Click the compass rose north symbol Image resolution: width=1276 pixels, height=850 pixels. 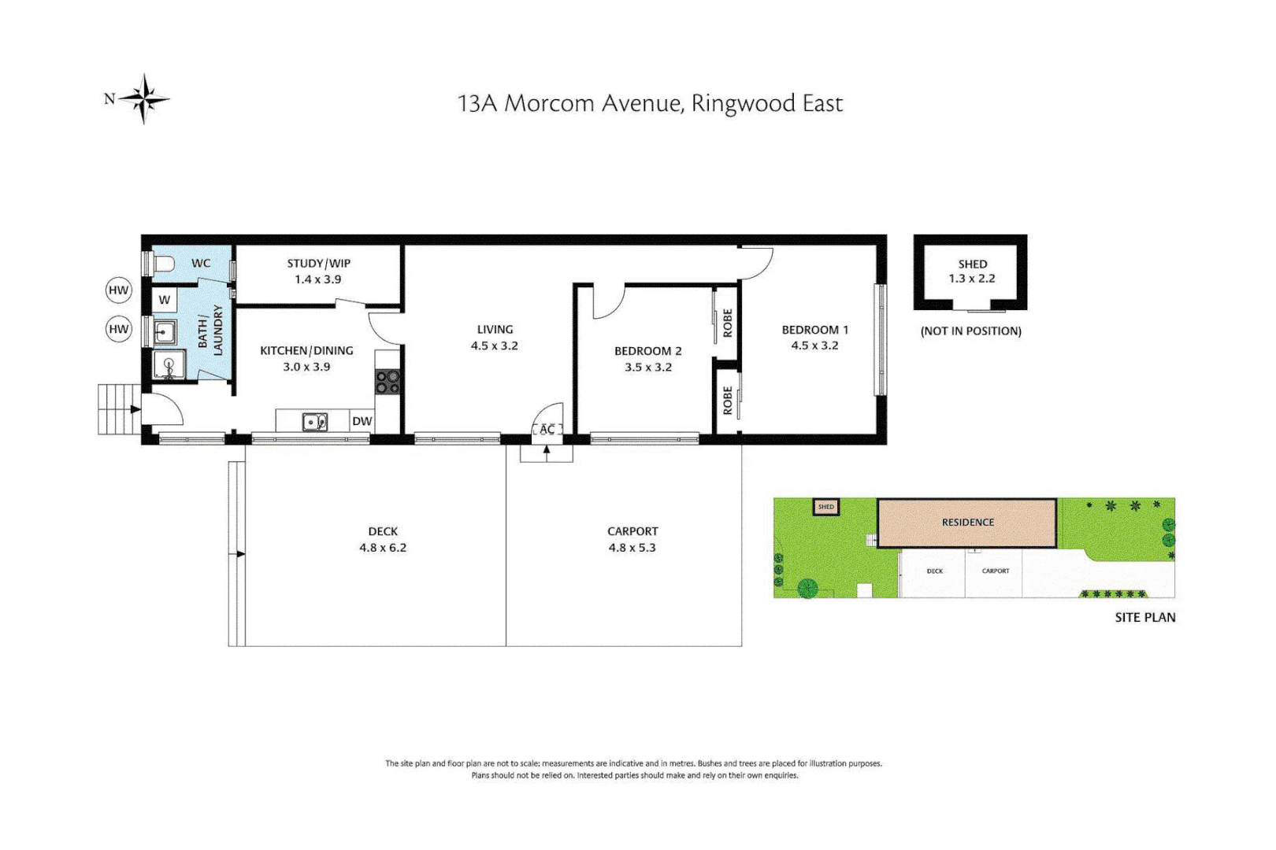point(144,99)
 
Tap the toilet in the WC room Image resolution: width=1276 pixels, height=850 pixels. point(165,264)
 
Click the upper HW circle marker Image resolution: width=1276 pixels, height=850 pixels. point(118,290)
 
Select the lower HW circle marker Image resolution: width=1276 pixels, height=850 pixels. point(118,329)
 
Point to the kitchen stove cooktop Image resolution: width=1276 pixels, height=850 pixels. point(387,382)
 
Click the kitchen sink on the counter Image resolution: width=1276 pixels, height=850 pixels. point(315,423)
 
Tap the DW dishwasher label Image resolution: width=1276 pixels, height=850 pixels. point(362,421)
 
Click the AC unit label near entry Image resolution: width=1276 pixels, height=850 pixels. point(547,429)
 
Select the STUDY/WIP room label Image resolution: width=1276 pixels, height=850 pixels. point(318,264)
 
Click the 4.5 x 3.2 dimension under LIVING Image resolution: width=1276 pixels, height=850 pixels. point(495,346)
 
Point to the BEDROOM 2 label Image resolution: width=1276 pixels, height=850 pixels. point(647,351)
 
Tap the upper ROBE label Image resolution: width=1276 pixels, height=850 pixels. point(727,323)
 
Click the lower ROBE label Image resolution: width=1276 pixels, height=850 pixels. point(727,400)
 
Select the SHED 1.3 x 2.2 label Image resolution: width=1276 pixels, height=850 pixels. point(972,272)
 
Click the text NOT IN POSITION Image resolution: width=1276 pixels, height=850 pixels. point(970,331)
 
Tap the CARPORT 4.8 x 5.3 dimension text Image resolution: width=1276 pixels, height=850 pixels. point(632,548)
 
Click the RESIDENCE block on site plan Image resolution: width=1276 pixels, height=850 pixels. point(967,523)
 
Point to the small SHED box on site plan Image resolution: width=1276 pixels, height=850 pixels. point(825,507)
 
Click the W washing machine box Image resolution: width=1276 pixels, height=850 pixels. point(165,300)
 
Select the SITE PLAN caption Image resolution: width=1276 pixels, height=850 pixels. point(1144,618)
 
